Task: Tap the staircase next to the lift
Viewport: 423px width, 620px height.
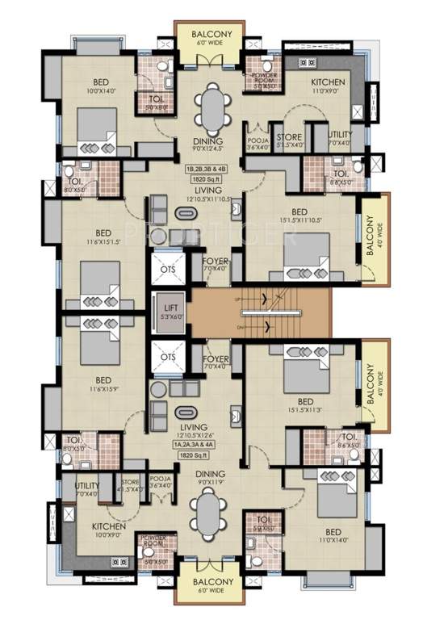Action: tap(260, 309)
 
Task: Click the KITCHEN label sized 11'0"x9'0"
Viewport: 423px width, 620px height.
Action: tap(328, 82)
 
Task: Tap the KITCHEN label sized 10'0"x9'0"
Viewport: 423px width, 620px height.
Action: tap(108, 527)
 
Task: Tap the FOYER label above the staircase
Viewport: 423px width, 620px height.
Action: tap(216, 262)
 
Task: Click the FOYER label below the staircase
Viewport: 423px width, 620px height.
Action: tap(216, 358)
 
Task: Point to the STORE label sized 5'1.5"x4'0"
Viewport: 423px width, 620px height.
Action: tap(289, 137)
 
